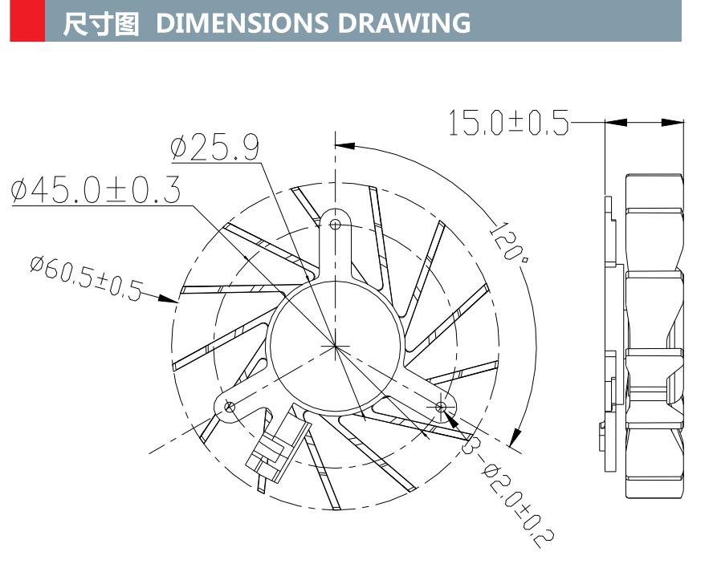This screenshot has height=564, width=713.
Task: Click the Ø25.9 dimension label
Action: (x=214, y=148)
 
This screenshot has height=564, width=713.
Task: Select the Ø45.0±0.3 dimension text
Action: (x=96, y=190)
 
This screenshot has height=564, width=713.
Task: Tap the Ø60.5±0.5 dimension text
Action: (x=85, y=278)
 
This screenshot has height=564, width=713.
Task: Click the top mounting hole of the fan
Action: (x=336, y=224)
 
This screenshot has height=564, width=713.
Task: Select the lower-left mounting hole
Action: (x=230, y=407)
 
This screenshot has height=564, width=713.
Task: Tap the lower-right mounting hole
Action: (x=440, y=408)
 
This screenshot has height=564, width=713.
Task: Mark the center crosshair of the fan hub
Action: (x=335, y=346)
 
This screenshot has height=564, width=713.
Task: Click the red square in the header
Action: (x=26, y=21)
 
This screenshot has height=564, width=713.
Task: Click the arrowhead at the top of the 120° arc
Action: (x=344, y=145)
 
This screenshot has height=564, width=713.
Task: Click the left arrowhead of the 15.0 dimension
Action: (x=615, y=123)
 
